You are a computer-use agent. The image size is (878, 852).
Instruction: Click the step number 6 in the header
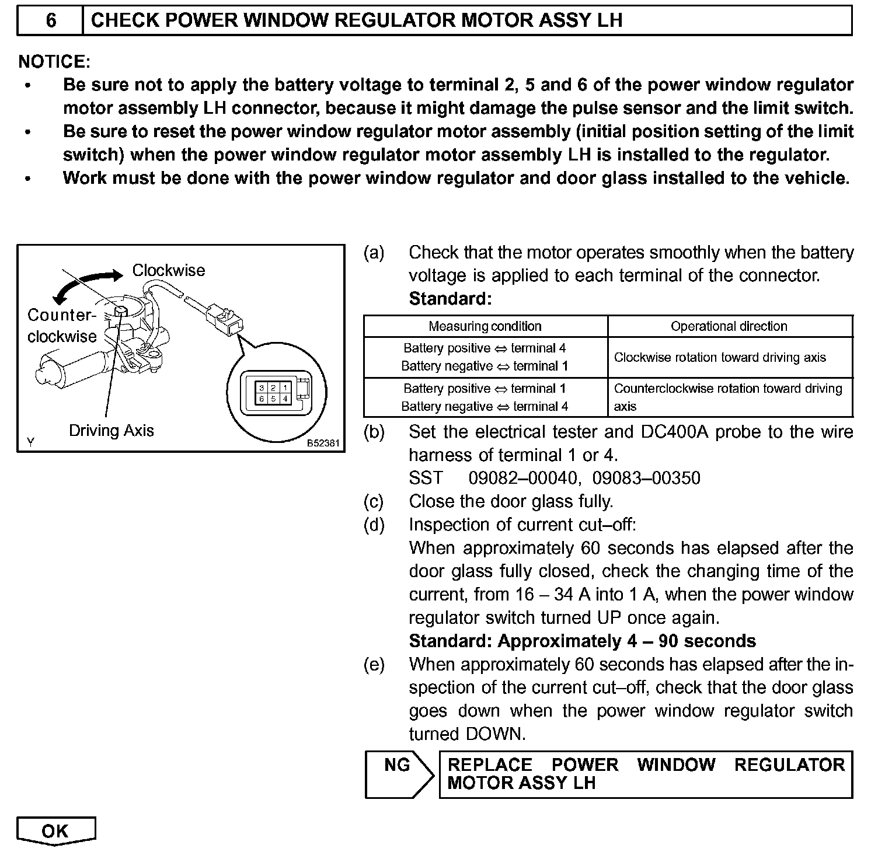(51, 20)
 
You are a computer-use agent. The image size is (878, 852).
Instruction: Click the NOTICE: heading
(54, 61)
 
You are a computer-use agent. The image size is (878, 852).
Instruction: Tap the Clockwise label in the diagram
(168, 270)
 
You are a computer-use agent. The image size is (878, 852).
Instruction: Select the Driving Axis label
(111, 431)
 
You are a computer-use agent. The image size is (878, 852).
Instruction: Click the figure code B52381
(323, 444)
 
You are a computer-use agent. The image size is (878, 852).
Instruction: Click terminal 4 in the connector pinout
(285, 399)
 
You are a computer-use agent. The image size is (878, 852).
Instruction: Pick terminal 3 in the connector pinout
(262, 388)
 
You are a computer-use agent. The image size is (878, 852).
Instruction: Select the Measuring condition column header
(485, 326)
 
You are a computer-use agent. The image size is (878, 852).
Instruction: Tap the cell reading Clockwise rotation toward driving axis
(720, 357)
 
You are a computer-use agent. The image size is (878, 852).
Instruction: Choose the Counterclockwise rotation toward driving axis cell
(727, 397)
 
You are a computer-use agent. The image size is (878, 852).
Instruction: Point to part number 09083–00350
(646, 478)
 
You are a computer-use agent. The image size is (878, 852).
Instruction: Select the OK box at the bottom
(55, 830)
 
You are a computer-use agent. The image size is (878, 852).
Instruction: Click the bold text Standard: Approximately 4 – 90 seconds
(582, 641)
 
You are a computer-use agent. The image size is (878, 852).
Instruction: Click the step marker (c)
(374, 501)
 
